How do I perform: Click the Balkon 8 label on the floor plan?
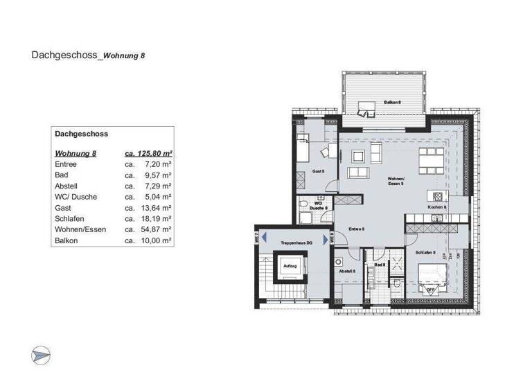391,103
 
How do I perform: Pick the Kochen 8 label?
436,207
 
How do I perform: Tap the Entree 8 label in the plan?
356,229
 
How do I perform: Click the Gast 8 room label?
318,170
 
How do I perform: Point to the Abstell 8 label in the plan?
346,272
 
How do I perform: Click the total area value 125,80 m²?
148,153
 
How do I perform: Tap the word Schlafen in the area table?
69,218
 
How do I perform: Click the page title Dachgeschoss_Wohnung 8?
88,53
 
